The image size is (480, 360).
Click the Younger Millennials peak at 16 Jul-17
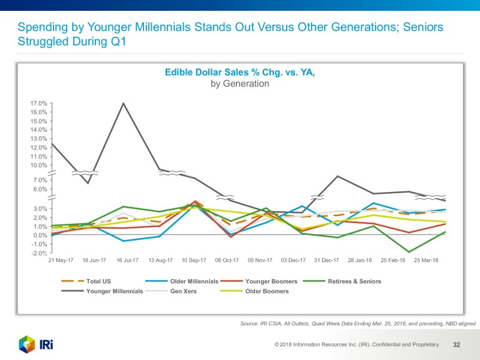point(124,103)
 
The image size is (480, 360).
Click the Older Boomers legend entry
point(267,292)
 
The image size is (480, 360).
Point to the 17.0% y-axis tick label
point(39,103)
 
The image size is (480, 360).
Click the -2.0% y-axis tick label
point(39,253)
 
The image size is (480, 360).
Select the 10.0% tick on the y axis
point(39,165)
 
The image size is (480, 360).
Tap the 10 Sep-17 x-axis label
point(194,261)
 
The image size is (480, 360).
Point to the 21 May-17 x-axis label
point(60,261)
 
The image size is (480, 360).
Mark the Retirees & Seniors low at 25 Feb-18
point(409,252)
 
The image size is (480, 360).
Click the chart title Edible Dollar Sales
point(239,73)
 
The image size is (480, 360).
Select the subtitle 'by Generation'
point(239,84)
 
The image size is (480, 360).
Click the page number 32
point(457,345)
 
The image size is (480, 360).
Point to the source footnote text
point(357,323)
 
